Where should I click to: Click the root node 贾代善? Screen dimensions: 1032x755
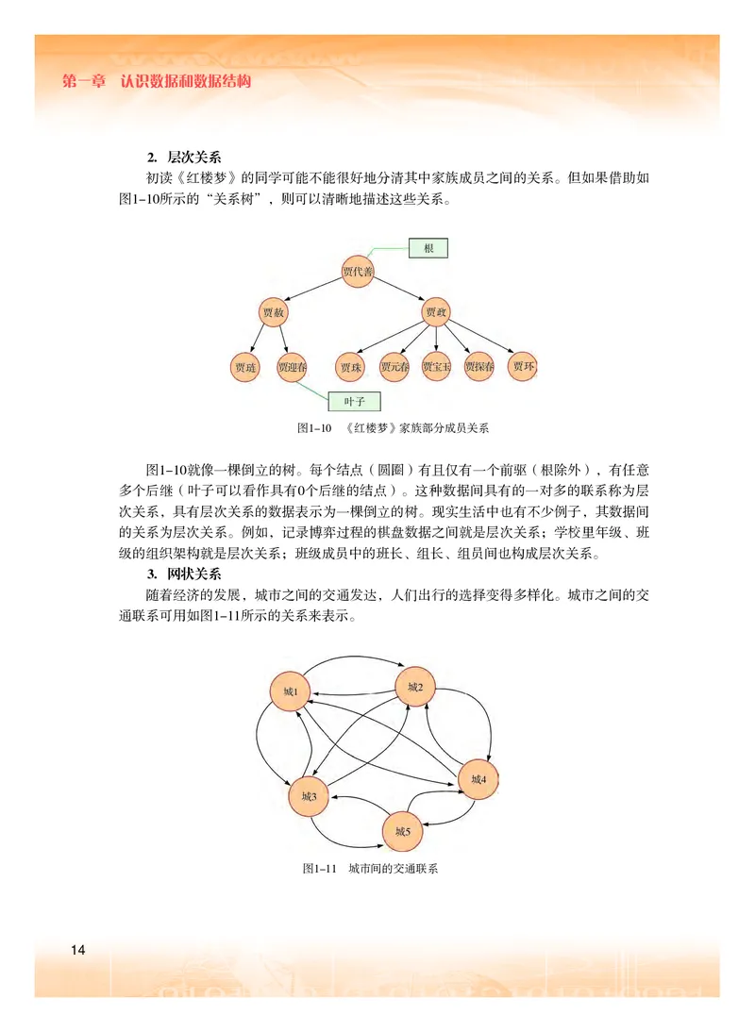tap(358, 273)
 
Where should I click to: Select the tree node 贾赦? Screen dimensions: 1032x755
tap(274, 311)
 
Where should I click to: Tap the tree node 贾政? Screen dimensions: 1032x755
tap(436, 311)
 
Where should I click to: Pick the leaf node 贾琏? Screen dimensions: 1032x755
tap(245, 367)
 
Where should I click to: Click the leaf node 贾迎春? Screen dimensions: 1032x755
tap(293, 367)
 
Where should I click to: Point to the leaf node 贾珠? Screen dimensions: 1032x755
tap(351, 367)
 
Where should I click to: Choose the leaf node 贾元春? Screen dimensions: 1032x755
tap(394, 367)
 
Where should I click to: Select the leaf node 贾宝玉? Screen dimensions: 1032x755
tap(436, 367)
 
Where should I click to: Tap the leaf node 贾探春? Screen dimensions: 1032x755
tap(479, 367)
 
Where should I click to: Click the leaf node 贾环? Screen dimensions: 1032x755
tap(524, 366)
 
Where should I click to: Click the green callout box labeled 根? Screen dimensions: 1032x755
tap(428, 248)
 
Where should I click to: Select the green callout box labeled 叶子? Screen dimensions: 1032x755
tap(354, 401)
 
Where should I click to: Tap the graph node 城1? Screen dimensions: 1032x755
tap(290, 692)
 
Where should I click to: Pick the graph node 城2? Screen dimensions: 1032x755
tap(415, 688)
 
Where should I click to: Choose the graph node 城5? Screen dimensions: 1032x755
tap(403, 831)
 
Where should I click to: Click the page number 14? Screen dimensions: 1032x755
tap(77, 949)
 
